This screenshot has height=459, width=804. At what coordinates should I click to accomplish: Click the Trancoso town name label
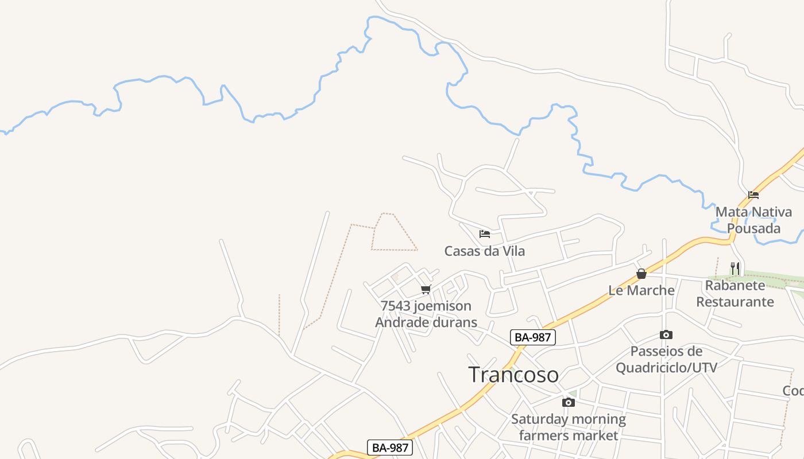(x=513, y=375)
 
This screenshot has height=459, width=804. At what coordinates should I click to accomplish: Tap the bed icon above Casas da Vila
(x=485, y=234)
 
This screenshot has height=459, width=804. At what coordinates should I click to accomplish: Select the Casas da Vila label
(x=485, y=251)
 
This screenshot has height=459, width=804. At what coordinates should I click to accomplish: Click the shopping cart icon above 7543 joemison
(x=426, y=289)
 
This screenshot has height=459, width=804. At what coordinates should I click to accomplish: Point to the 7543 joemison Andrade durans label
(x=426, y=314)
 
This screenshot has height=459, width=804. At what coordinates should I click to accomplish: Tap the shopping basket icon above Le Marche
(x=641, y=274)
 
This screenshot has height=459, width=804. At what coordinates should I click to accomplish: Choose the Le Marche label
(x=641, y=290)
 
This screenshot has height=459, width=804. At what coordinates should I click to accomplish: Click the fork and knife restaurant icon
(x=735, y=268)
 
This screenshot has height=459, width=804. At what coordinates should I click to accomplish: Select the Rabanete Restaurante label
(x=735, y=293)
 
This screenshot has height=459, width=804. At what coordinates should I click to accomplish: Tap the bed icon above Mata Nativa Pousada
(x=753, y=195)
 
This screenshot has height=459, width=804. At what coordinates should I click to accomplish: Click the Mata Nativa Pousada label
(x=753, y=220)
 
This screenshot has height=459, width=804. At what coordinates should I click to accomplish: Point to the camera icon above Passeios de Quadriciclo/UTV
(x=666, y=334)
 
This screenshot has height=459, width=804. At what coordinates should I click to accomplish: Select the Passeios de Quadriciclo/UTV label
(x=666, y=359)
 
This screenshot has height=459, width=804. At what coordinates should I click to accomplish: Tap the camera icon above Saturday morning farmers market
(x=569, y=402)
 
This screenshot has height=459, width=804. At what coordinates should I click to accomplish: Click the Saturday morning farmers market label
(x=569, y=427)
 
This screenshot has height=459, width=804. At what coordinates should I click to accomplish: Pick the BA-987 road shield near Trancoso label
(x=533, y=337)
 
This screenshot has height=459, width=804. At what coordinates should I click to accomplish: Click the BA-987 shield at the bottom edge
(x=391, y=448)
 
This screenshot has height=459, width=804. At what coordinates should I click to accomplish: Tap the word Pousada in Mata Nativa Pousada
(x=753, y=228)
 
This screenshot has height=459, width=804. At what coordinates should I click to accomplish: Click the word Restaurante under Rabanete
(x=735, y=301)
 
